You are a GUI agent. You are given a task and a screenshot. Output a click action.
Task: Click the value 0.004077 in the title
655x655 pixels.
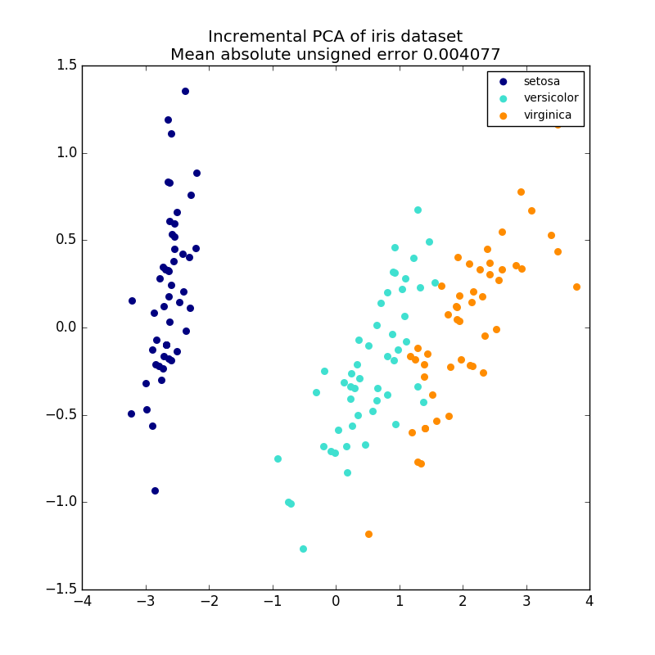460,55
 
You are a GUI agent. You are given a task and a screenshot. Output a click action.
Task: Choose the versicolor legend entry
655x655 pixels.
551,98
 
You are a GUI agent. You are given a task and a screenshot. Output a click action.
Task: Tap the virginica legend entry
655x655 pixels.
548,115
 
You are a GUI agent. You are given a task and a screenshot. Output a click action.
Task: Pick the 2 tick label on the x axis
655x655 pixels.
463,602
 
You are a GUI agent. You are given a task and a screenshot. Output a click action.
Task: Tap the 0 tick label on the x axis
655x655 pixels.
336,602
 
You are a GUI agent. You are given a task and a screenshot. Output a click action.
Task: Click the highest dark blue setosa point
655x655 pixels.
185,91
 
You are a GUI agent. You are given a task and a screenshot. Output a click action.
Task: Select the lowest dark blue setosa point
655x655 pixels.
155,490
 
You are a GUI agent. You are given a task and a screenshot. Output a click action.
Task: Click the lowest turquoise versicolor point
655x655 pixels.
303,549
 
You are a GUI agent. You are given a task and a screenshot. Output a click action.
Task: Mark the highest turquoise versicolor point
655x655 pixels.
418,210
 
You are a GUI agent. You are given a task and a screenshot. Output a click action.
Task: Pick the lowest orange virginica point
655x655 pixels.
368,534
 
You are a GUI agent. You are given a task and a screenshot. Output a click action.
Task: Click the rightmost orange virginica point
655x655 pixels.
576,287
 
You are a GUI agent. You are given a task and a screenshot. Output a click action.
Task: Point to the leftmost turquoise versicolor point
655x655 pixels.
278,458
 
